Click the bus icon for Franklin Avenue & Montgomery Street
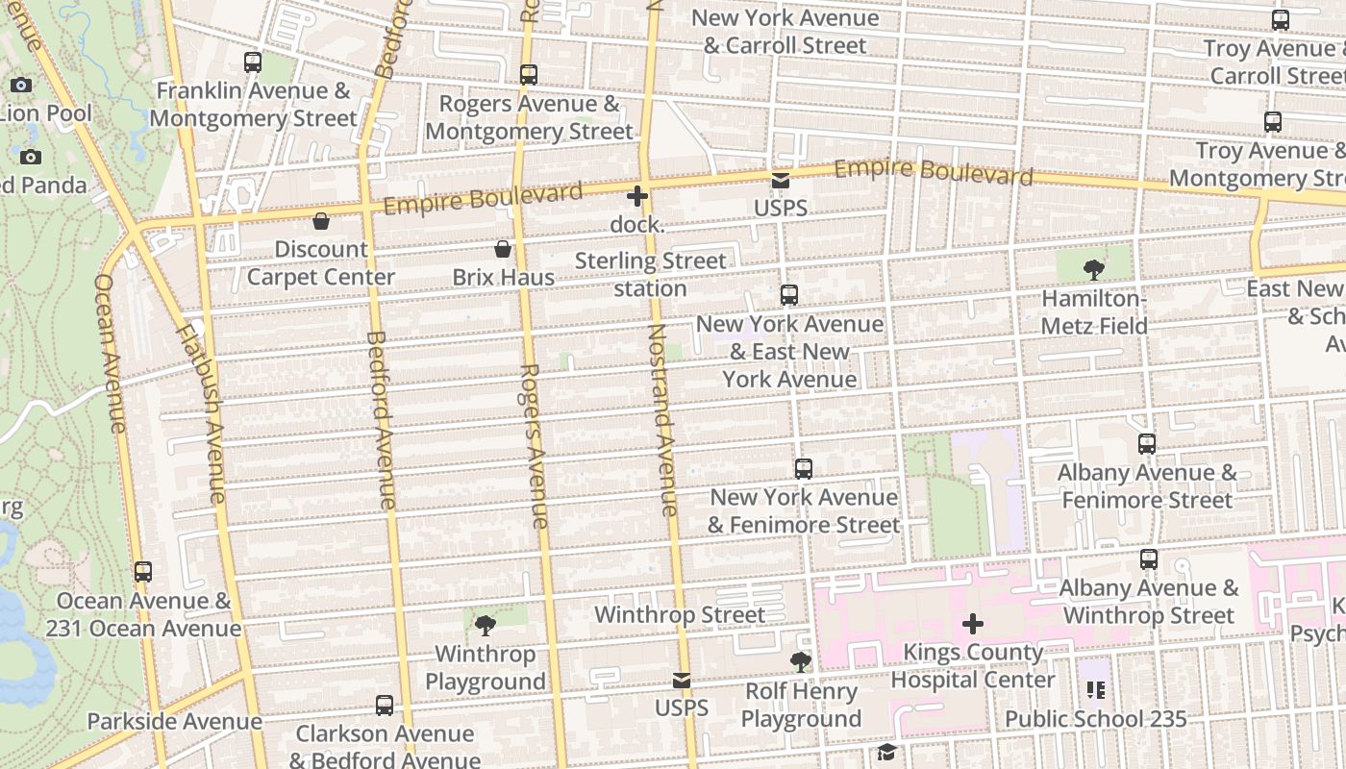click(253, 62)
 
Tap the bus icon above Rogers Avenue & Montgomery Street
click(528, 75)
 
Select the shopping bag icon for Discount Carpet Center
click(321, 222)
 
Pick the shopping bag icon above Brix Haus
click(502, 250)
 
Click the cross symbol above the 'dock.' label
click(636, 197)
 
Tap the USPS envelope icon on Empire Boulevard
click(780, 181)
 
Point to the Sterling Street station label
click(651, 275)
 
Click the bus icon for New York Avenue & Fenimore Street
click(804, 469)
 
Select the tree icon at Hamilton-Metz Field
click(1093, 270)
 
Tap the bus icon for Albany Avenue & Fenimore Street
click(1147, 444)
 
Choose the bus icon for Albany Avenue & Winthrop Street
click(1149, 559)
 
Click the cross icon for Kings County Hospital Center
click(973, 624)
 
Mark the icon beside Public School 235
click(1096, 690)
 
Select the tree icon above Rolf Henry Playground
click(800, 662)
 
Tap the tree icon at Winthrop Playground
click(486, 626)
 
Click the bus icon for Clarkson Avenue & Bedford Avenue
click(385, 706)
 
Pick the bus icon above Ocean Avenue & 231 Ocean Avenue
click(143, 572)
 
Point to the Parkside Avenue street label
click(174, 722)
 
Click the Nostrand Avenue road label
click(663, 420)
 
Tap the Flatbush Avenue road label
click(201, 413)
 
